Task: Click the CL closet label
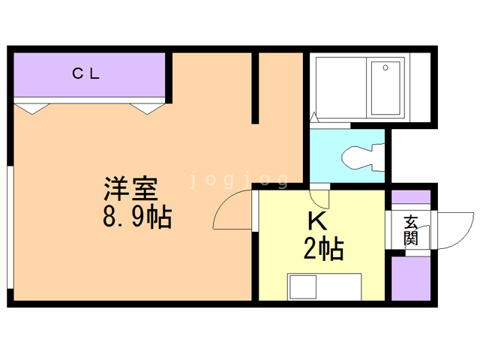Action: pos(85,73)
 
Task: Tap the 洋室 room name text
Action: pos(131,188)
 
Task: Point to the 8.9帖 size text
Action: pos(137,217)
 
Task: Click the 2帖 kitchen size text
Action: pos(323,249)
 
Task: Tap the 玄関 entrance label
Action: pos(411,230)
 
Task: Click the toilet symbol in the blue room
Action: pos(363,157)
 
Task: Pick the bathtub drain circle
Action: pos(385,67)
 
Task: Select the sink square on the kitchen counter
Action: pos(303,286)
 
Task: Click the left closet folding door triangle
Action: pos(32,109)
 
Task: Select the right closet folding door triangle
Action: pos(147,109)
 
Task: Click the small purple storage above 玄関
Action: pos(411,196)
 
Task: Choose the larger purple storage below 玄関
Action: pos(411,278)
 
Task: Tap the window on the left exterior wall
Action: pos(10,227)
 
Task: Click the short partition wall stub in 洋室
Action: pos(255,88)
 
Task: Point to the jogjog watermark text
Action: pos(238,180)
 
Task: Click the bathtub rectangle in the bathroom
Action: pos(385,88)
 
